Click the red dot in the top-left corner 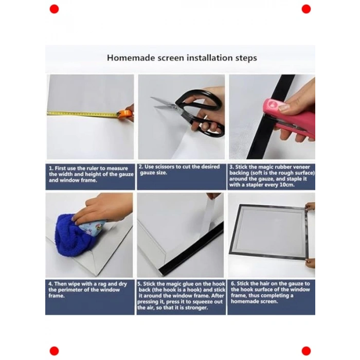point(54,9)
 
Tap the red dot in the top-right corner point(306,9)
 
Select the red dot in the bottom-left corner point(54,351)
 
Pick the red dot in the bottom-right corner point(306,351)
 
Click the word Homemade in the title point(131,58)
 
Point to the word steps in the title point(246,58)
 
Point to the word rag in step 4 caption point(103,284)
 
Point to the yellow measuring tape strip point(83,114)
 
